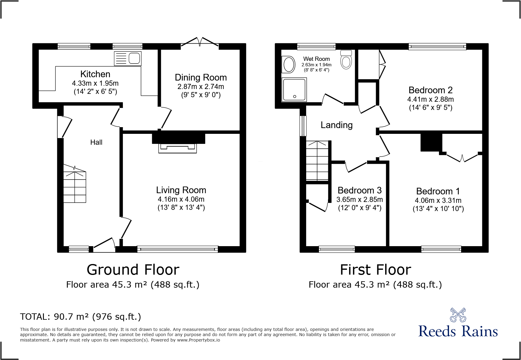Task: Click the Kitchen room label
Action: coord(95,74)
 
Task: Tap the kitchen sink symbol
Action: coord(128,58)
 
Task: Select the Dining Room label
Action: coord(201,78)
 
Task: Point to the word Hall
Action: coord(96,142)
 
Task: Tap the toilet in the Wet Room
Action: coord(346,59)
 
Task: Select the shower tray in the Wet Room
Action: coord(294,90)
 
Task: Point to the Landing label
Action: coord(337,125)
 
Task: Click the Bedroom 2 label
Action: coord(431,90)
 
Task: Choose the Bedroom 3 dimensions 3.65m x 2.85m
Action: coord(360,200)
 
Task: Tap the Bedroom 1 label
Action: coord(438,191)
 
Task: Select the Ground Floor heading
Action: coord(133,270)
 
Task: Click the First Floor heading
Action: coord(375,270)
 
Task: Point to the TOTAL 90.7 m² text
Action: coord(80,317)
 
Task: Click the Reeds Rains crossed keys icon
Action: coord(458,315)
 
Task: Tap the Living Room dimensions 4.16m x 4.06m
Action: coord(181,199)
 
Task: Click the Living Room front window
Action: coord(178,249)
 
